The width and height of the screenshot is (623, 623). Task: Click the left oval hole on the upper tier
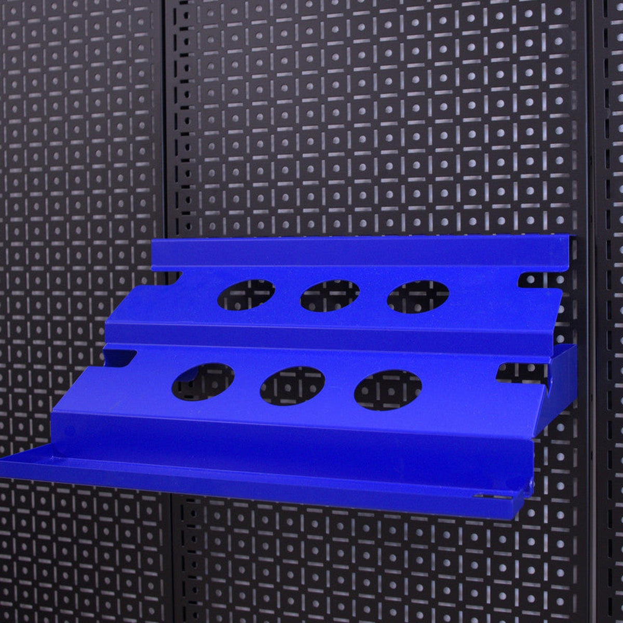click(x=246, y=295)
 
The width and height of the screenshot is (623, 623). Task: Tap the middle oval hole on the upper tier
click(x=330, y=295)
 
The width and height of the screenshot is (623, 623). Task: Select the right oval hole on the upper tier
click(x=418, y=296)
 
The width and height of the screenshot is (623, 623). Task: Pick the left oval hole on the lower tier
click(x=203, y=382)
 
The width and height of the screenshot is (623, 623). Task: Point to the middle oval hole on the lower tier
click(x=292, y=386)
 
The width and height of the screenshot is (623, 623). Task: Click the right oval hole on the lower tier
click(x=388, y=390)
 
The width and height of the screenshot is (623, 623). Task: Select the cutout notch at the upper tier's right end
click(x=538, y=281)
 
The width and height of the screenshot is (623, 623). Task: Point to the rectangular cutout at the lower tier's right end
click(x=522, y=372)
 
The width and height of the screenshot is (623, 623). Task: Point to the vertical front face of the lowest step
click(x=291, y=446)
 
